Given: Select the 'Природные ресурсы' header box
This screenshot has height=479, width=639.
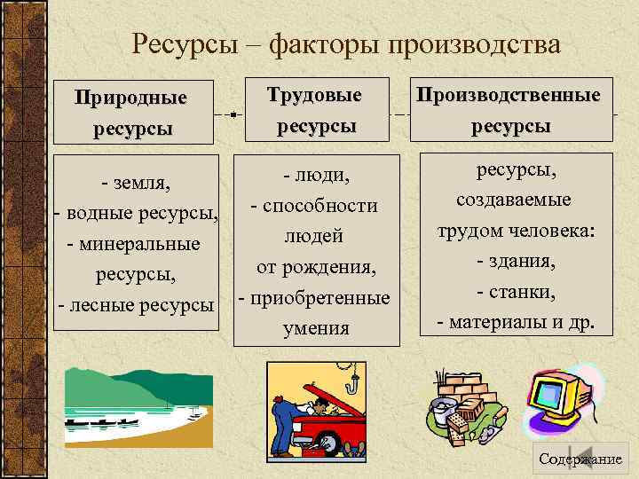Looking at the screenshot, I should [132, 112].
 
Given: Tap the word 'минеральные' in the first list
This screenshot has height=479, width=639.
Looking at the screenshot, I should [141, 244].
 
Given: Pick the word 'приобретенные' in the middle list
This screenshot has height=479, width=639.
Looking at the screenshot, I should [320, 297].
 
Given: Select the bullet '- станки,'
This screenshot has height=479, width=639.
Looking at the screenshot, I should [516, 292].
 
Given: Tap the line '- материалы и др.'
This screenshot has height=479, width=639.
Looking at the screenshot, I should [516, 321].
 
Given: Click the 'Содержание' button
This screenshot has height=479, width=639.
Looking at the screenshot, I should [580, 458].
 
